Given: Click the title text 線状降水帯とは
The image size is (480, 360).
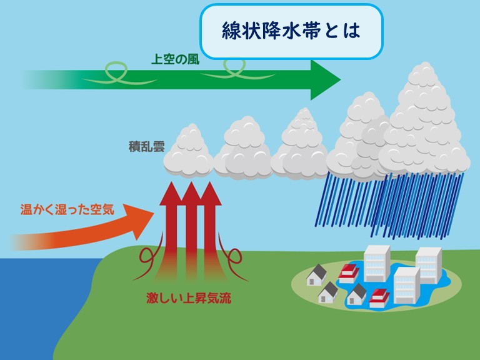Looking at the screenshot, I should [x=291, y=31].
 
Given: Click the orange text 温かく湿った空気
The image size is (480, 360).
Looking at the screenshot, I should [x=67, y=210].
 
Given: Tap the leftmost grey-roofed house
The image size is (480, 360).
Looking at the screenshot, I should [x=317, y=274].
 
